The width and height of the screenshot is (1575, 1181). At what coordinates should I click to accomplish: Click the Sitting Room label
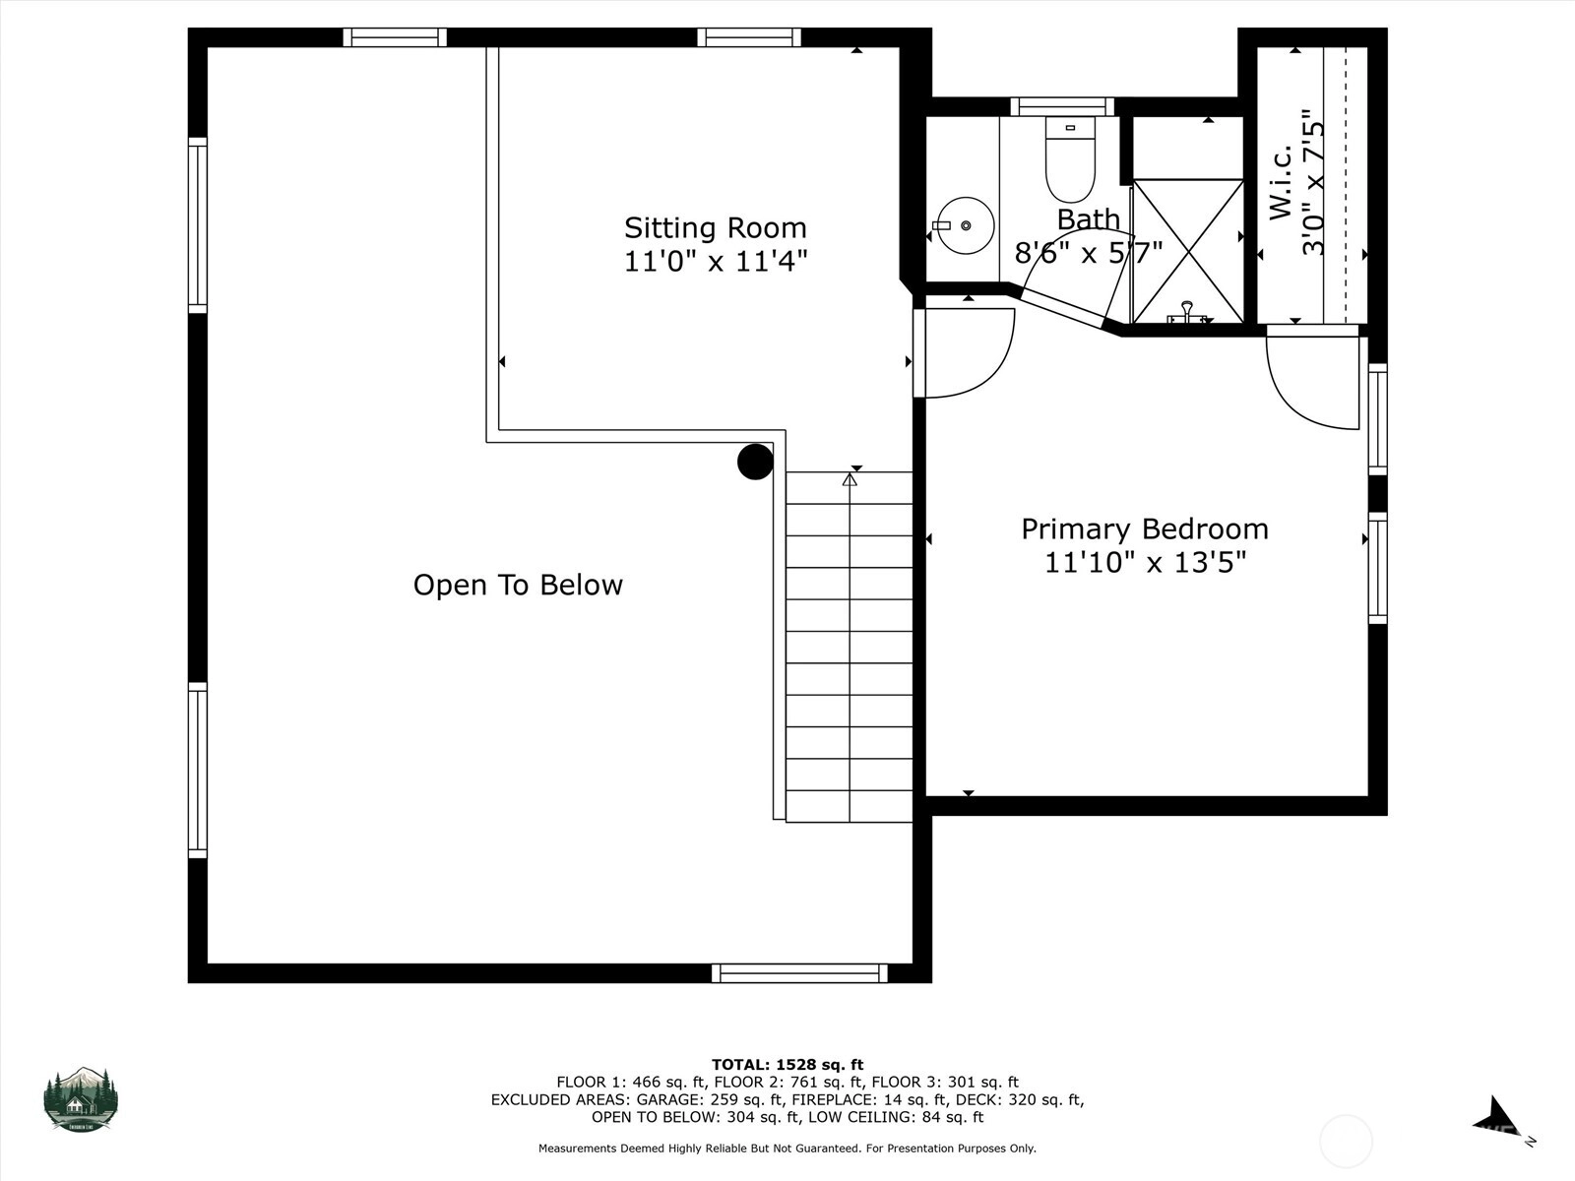tap(716, 228)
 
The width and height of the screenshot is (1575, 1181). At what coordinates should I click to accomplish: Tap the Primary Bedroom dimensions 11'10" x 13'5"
tap(1145, 562)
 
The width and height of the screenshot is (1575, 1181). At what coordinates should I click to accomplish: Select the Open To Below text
tap(518, 586)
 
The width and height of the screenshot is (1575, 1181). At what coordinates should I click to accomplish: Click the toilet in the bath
tap(1070, 159)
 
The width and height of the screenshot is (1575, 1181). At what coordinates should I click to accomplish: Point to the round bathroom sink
tap(965, 226)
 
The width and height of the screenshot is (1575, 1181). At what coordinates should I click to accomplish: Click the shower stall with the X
tap(1187, 251)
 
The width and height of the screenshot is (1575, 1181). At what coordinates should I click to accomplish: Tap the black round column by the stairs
tap(755, 461)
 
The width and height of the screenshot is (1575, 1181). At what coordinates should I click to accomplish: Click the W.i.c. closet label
tap(1281, 183)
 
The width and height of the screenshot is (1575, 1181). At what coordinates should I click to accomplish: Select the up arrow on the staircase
tap(850, 479)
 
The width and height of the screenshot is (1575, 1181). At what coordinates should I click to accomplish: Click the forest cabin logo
tap(81, 1099)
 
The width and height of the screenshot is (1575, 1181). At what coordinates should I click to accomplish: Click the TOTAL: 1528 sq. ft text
tap(787, 1065)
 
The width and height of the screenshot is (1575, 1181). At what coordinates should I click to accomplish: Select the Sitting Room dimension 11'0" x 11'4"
tap(716, 261)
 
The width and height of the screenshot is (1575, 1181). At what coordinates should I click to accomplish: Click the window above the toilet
tap(1062, 107)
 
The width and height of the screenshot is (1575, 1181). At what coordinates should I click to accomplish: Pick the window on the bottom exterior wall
tap(799, 973)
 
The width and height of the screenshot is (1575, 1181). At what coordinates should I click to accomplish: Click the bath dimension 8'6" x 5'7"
tap(1089, 252)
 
